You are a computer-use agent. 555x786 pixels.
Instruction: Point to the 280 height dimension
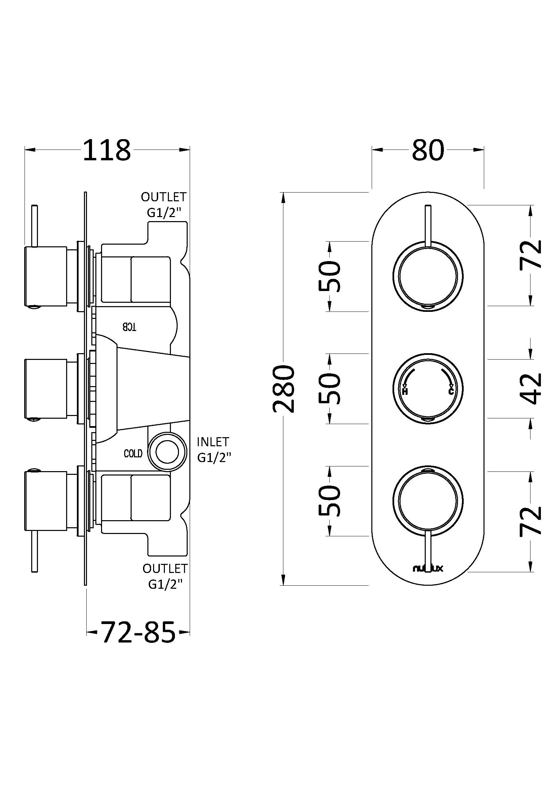(283, 388)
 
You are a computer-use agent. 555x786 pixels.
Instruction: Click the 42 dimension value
(531, 388)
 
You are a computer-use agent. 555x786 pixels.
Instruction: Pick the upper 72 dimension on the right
(531, 254)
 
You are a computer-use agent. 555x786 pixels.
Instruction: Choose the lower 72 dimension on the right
(531, 520)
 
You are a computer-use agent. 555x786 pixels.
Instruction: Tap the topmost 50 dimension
(330, 276)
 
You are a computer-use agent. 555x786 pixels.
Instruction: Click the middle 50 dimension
(330, 388)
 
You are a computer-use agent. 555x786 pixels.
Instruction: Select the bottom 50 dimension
(330, 500)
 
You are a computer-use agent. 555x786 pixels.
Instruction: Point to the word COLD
(133, 454)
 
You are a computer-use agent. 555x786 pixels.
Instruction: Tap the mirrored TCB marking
(130, 327)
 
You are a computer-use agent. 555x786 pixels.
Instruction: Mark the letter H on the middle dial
(405, 391)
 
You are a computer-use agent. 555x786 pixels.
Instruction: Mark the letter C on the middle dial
(451, 391)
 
